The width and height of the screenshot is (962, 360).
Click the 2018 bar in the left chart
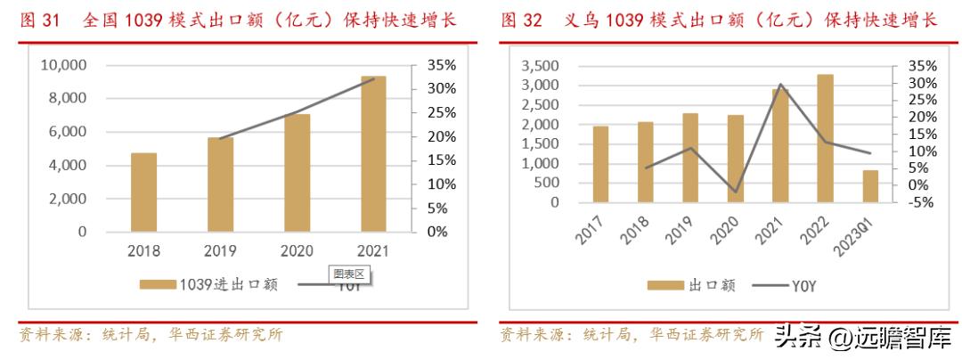click(x=143, y=192)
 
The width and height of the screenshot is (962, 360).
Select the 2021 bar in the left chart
click(x=373, y=154)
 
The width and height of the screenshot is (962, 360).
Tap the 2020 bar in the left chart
click(x=297, y=173)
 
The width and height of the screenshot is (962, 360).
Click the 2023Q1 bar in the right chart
click(x=870, y=186)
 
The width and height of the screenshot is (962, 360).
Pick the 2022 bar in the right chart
click(x=826, y=138)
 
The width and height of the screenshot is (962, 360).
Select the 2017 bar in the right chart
click(x=600, y=164)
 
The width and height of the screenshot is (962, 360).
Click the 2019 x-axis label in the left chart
click(x=220, y=251)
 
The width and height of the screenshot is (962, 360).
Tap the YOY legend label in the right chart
click(x=803, y=285)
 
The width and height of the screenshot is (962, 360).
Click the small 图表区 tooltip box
click(x=348, y=274)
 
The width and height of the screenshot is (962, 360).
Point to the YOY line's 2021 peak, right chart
click(x=780, y=85)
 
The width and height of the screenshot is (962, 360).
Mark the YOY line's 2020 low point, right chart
click(x=736, y=192)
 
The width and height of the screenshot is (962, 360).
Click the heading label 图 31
click(x=38, y=20)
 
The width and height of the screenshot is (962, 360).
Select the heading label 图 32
click(x=521, y=20)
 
